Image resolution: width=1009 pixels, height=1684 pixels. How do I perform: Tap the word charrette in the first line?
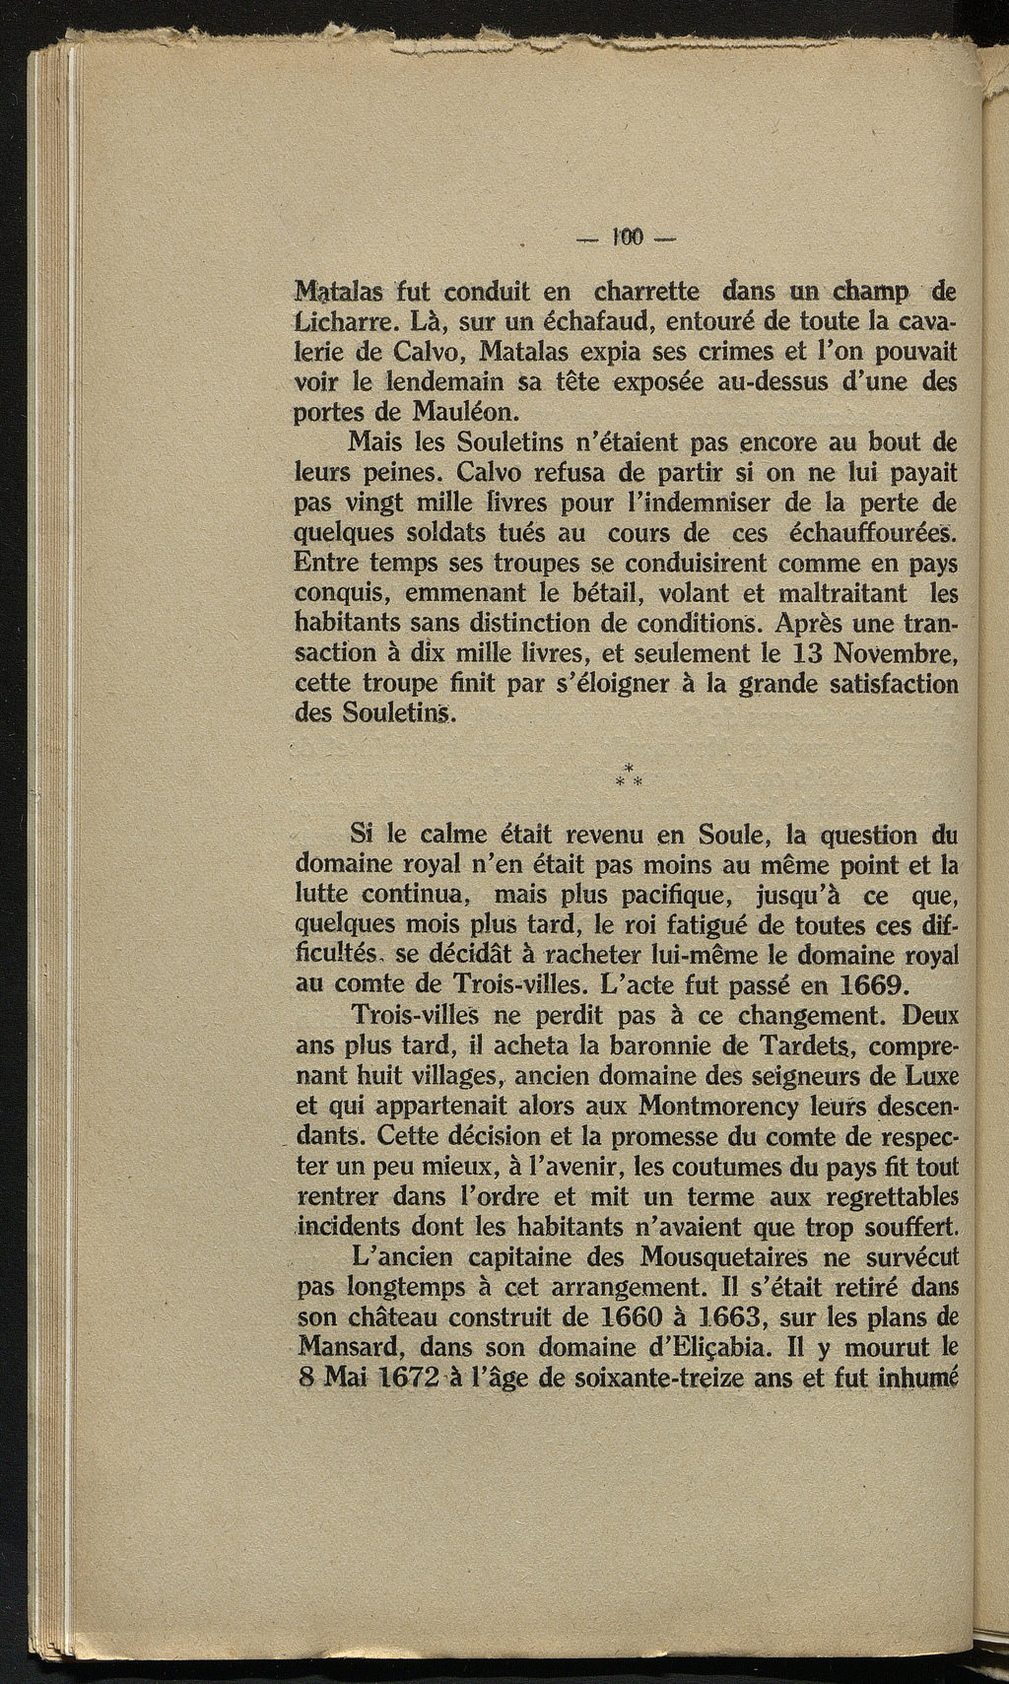point(646,292)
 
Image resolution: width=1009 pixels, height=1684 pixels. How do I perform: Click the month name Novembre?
point(895,653)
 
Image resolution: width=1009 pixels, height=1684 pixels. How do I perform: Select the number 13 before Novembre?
point(802,653)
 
